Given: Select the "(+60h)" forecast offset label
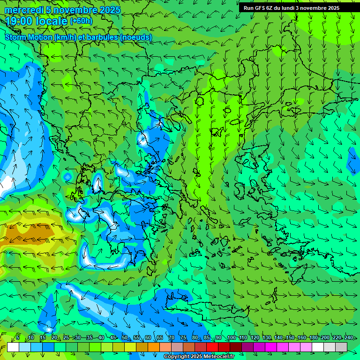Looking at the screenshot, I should (x=81, y=21).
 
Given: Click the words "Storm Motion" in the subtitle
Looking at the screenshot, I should (x=28, y=37).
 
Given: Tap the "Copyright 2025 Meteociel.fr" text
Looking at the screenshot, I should (x=199, y=357).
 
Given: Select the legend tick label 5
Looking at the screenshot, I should (x=18, y=337).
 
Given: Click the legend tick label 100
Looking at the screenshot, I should (x=231, y=337).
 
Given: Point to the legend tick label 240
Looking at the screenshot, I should (x=348, y=337).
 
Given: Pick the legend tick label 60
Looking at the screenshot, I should (x=148, y=337).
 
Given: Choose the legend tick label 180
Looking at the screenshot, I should (x=313, y=337).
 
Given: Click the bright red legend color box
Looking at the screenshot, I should (x=212, y=347).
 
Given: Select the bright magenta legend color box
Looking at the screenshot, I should (x=271, y=347).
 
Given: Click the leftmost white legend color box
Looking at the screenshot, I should (x=13, y=347).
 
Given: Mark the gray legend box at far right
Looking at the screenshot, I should (x=341, y=347).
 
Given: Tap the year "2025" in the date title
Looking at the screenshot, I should (x=106, y=10).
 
